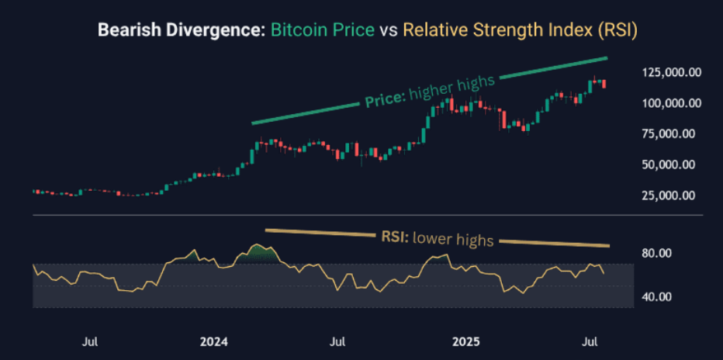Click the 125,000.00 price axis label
pyautogui.click(x=672, y=72)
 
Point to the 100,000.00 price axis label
pyautogui.click(x=672, y=103)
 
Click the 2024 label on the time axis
pyautogui.click(x=213, y=341)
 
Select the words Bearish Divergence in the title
pyautogui.click(x=180, y=30)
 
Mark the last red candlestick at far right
pyautogui.click(x=604, y=84)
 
